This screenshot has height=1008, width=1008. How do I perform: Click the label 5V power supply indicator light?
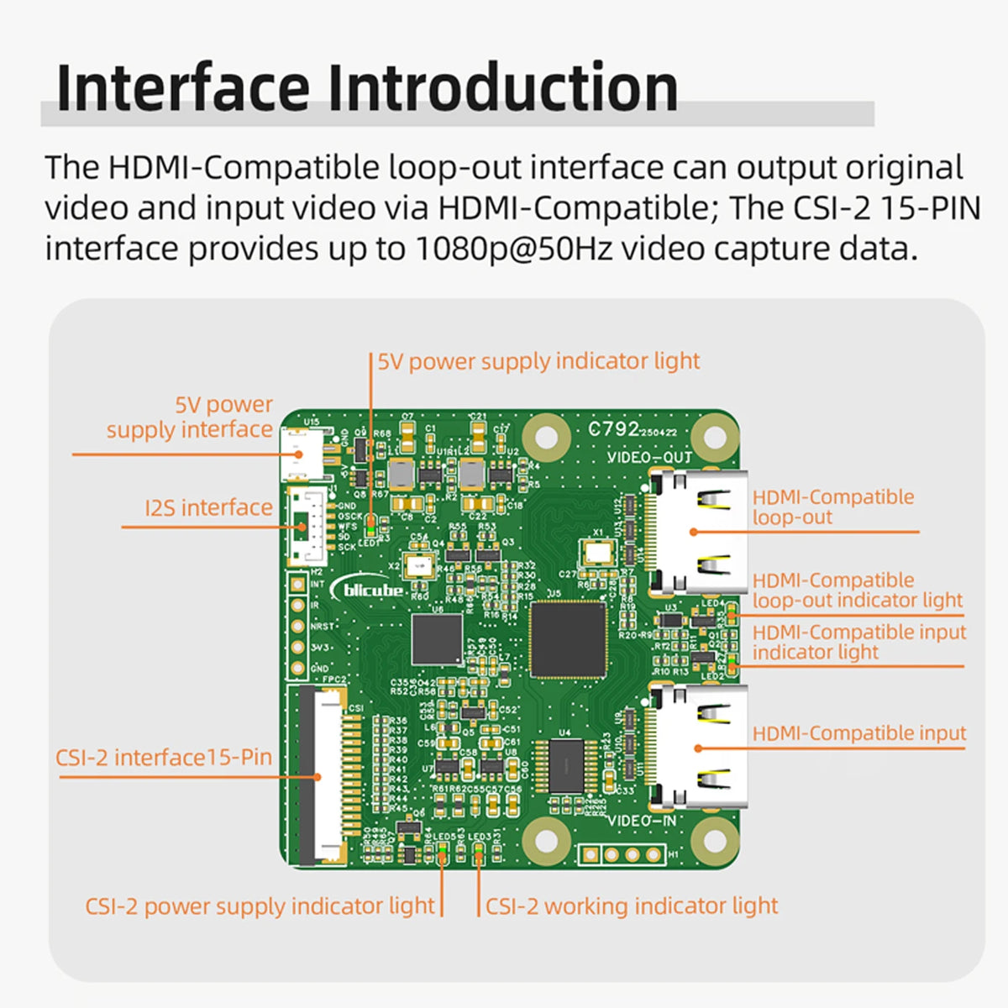click(538, 361)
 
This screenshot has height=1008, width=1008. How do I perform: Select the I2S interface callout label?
click(208, 507)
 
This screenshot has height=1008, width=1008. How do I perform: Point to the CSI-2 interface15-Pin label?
click(164, 757)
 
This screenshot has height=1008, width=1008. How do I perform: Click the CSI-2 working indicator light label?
click(632, 906)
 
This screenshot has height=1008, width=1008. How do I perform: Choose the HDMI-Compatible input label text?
click(858, 733)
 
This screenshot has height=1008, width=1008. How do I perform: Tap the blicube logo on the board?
click(372, 589)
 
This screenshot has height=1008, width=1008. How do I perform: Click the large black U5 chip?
click(568, 639)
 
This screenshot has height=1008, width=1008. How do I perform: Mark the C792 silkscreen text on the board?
click(614, 429)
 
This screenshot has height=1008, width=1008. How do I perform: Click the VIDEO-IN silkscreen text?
click(641, 821)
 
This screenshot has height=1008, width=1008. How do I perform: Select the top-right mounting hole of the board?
click(714, 436)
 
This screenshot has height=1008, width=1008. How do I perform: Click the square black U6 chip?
click(437, 639)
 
